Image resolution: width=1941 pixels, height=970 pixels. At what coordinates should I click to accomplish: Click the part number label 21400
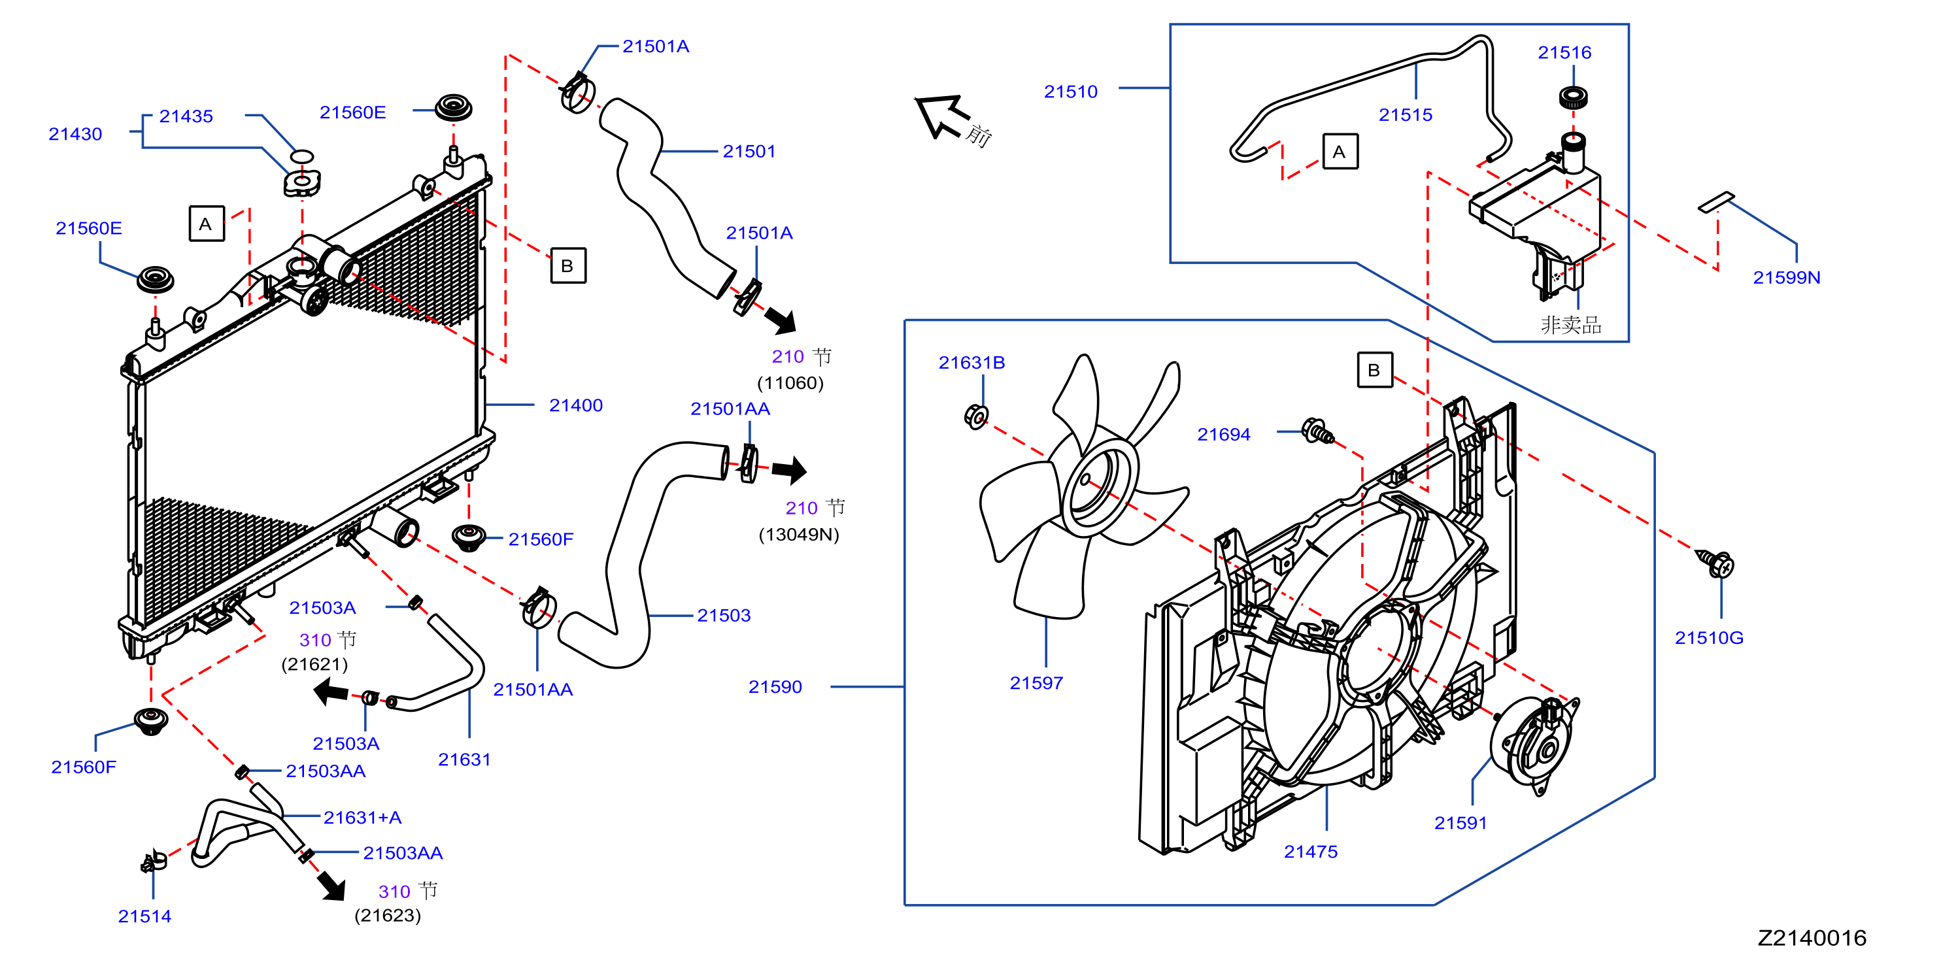tap(576, 405)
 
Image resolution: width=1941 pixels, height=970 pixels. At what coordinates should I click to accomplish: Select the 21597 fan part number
tap(1036, 683)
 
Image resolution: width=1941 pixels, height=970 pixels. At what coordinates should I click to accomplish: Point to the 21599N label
tap(1787, 277)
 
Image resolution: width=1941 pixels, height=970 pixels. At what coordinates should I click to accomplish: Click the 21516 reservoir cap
tap(1574, 97)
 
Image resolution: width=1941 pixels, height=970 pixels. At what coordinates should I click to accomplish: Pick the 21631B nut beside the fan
tap(977, 416)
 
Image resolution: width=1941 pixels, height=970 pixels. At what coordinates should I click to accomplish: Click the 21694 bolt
tap(1318, 431)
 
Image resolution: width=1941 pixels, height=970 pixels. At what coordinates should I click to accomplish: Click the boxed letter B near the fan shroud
tap(1374, 370)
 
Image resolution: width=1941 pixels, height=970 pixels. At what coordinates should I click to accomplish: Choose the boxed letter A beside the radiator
tap(207, 224)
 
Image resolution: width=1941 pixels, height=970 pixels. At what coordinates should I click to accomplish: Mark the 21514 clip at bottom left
tap(154, 860)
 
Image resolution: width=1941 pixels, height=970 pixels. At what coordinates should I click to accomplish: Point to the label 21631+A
tap(362, 817)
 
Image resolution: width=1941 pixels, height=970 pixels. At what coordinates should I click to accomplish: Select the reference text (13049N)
tap(799, 535)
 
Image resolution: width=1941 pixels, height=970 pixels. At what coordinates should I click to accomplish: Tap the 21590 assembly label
tap(775, 687)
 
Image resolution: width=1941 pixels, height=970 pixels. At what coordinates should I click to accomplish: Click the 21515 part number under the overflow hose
tap(1406, 114)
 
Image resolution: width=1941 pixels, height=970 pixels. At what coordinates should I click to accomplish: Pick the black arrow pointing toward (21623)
tap(331, 886)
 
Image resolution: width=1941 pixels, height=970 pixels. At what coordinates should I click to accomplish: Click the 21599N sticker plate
tap(1715, 202)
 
